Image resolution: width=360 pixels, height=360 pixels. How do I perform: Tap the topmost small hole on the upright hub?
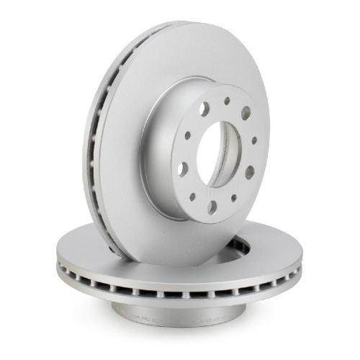click(x=227, y=102)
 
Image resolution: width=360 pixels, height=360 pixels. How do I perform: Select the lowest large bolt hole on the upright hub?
click(x=212, y=207)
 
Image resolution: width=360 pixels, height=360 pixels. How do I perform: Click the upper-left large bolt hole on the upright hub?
click(x=204, y=109)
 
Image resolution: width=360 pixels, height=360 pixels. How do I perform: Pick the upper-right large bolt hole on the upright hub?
click(x=246, y=113)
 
